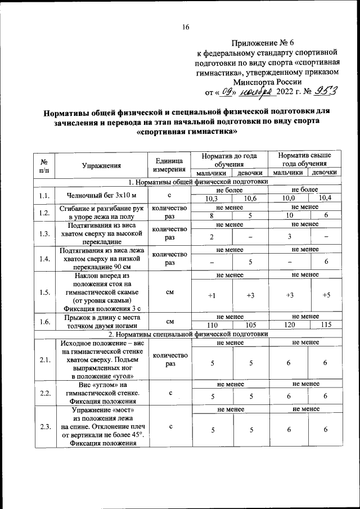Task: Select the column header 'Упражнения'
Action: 101,165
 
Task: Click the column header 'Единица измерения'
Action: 169,165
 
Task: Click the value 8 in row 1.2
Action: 211,215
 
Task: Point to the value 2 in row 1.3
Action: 211,236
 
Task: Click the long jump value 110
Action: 211,326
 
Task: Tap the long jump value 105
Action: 250,326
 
